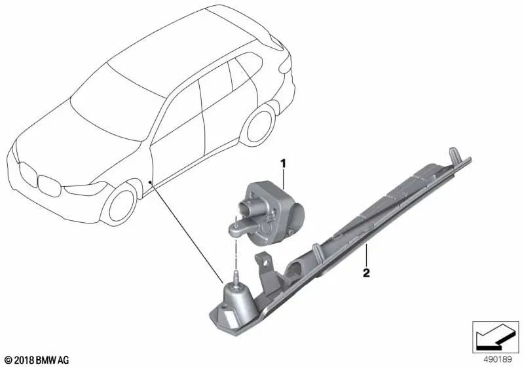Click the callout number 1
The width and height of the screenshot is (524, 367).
(283, 164)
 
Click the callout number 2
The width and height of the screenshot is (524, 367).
(367, 273)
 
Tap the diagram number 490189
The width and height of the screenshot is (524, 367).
(498, 360)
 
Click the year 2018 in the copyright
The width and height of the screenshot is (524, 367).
(25, 360)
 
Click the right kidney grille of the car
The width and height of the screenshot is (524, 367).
(49, 185)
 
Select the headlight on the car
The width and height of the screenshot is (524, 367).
(85, 189)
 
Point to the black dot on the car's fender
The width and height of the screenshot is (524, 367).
(150, 182)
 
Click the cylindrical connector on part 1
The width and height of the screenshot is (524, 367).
(246, 208)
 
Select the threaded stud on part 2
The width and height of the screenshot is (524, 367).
(236, 278)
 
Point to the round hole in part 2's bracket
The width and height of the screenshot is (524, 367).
(266, 263)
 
